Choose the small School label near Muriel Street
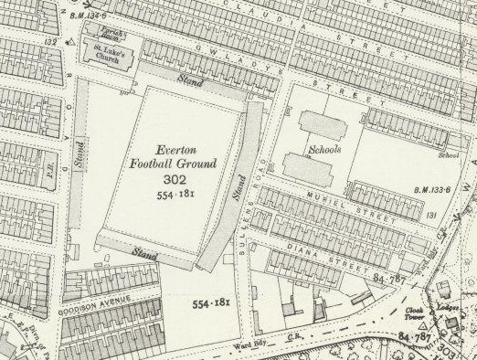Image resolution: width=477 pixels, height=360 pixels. pyautogui.click(x=448, y=154)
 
